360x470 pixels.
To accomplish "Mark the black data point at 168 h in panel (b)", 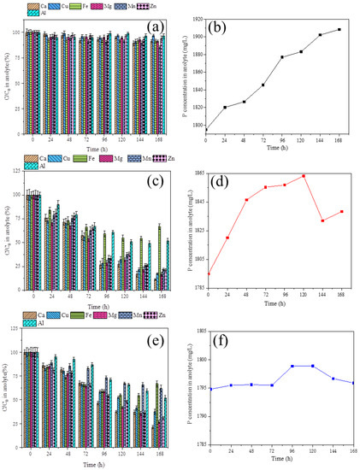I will click(339, 30).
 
